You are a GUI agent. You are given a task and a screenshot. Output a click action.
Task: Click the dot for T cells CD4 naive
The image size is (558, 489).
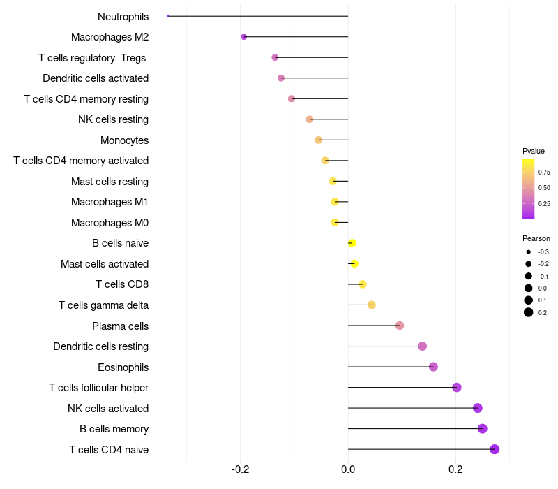(495, 449)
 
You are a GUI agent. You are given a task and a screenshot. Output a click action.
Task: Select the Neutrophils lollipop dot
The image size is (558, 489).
(169, 16)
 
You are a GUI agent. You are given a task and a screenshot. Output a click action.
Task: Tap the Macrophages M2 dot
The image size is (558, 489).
(243, 36)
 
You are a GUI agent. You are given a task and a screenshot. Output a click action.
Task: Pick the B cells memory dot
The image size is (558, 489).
(482, 428)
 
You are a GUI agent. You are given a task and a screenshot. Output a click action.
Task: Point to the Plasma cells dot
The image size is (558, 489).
(399, 326)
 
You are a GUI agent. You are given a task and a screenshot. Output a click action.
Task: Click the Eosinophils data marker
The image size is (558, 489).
(433, 367)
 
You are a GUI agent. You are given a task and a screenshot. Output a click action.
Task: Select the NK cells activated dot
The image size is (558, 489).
(477, 408)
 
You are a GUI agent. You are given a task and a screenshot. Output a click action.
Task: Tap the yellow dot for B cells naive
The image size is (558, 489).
(352, 243)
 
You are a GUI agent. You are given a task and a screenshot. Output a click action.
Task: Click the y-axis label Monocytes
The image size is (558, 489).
(124, 140)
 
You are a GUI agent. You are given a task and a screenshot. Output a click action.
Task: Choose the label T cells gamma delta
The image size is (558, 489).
(103, 305)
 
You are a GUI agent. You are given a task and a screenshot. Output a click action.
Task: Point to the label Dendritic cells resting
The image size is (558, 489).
(100, 346)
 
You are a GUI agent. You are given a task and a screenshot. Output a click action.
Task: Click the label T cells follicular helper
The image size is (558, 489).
(98, 388)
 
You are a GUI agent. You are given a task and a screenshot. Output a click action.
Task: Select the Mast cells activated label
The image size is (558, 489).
(105, 264)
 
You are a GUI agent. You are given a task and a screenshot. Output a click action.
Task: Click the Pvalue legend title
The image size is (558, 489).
(534, 151)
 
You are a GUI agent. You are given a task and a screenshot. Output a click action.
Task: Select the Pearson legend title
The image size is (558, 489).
(536, 238)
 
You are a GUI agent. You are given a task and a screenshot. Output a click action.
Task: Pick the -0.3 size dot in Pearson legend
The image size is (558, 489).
(529, 252)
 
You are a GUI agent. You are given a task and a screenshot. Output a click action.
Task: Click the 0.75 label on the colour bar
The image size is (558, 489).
(544, 172)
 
